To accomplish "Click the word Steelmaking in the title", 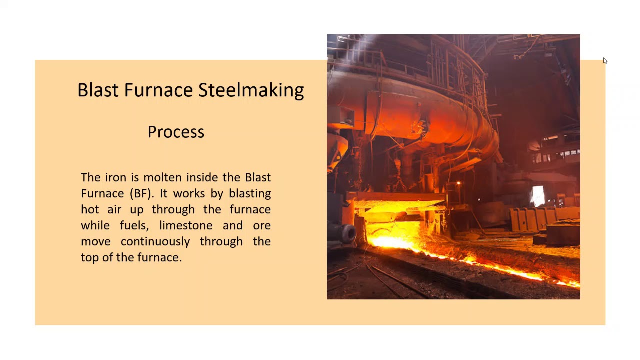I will pos(251,90).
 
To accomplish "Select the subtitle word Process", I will pos(176,132).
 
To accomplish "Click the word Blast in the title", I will pos(98,90).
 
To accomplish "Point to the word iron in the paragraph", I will pos(116,177).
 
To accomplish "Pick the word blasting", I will pos(250,193).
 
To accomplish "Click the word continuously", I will pos(155,241).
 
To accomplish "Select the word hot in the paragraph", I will pos(89,209).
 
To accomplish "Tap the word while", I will pos(95,225).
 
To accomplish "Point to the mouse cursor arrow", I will pos(605,61).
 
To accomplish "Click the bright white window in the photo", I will pos(537,195).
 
